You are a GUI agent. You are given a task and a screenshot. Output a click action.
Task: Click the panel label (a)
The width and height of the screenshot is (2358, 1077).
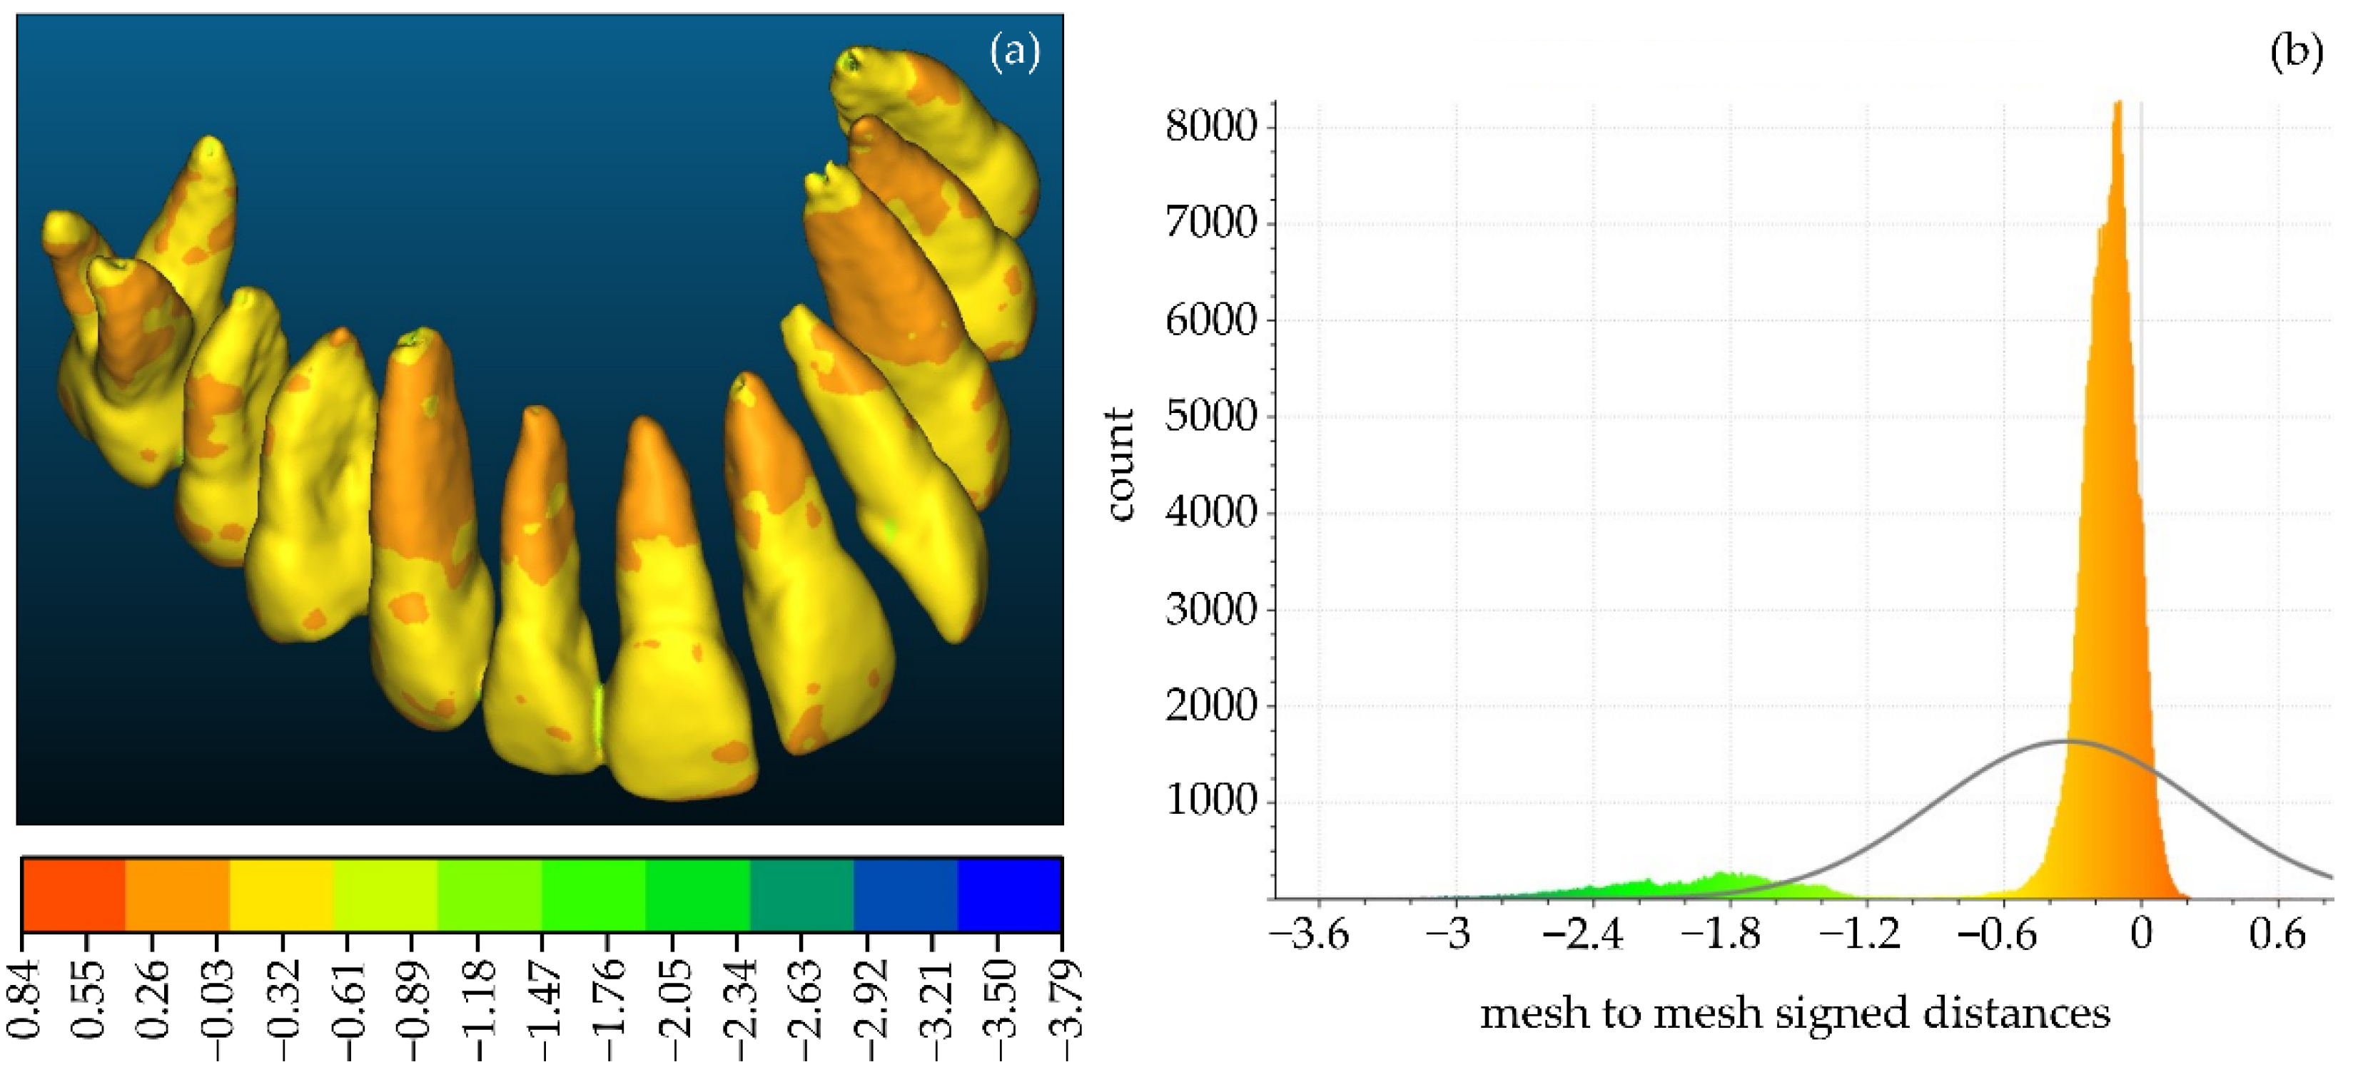click(x=1014, y=52)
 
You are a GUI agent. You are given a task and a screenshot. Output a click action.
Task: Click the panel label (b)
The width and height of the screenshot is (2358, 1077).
click(x=2296, y=52)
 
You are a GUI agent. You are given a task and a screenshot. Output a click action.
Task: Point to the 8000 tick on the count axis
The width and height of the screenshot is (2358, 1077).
click(x=1210, y=126)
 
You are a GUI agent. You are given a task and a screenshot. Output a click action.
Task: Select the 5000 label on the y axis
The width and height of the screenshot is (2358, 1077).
click(x=1210, y=417)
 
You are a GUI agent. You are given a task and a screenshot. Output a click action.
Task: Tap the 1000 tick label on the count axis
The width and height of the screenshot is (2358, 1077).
click(x=1210, y=802)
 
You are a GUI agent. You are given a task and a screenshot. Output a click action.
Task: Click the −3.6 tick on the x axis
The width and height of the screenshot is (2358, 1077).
click(x=1309, y=935)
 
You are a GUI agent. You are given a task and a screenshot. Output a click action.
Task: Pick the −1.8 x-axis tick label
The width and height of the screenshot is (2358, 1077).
click(x=1721, y=935)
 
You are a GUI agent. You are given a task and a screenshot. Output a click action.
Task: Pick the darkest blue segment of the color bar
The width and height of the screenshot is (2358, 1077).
click(x=1010, y=894)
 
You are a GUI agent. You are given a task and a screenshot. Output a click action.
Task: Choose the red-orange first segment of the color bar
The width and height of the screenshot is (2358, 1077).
click(x=74, y=894)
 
